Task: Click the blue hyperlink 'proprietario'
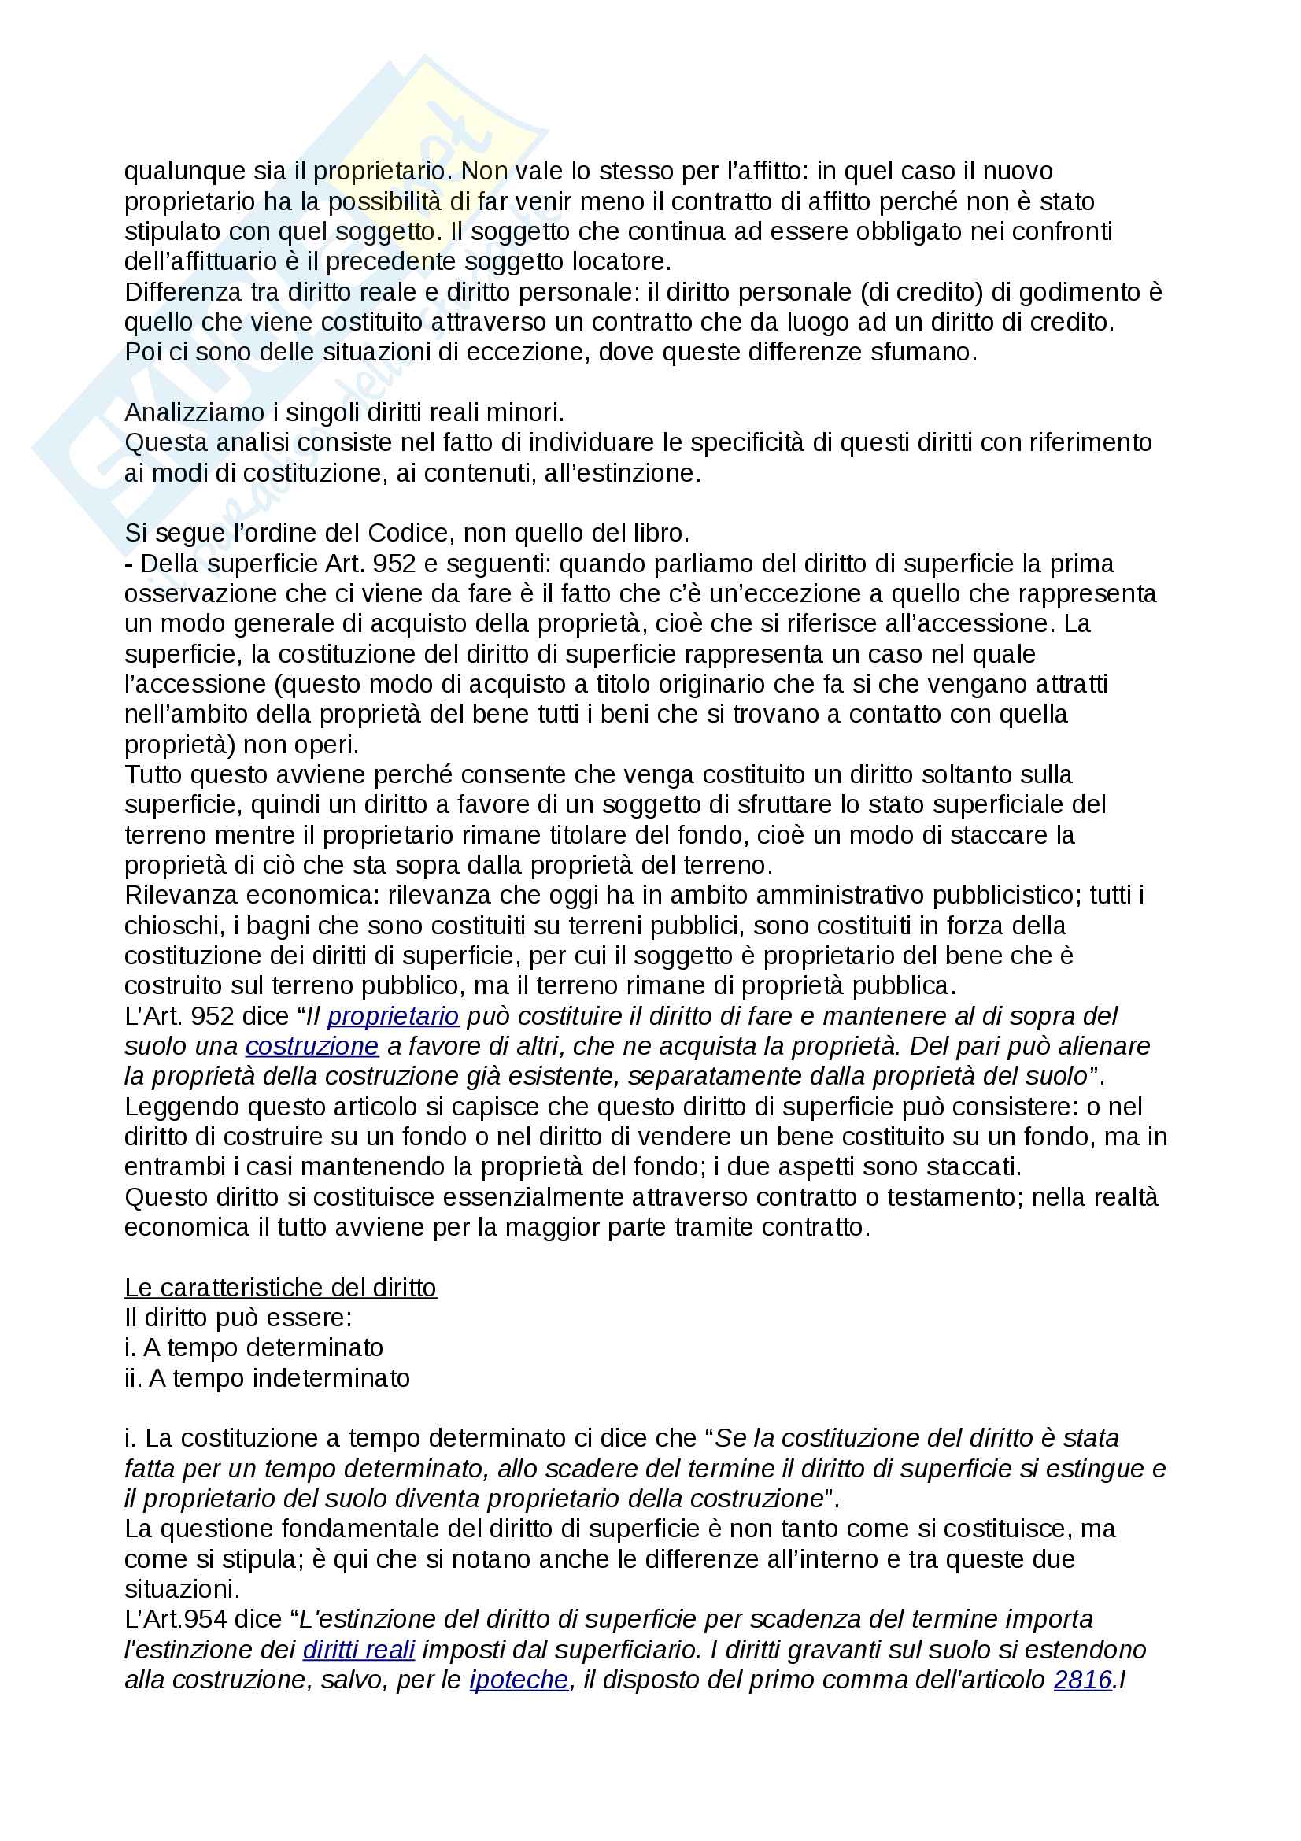(393, 1017)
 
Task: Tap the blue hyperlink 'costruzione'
(312, 1046)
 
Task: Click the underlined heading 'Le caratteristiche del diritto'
(280, 1288)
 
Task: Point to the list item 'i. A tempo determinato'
(253, 1347)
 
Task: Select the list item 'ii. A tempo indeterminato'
(267, 1378)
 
